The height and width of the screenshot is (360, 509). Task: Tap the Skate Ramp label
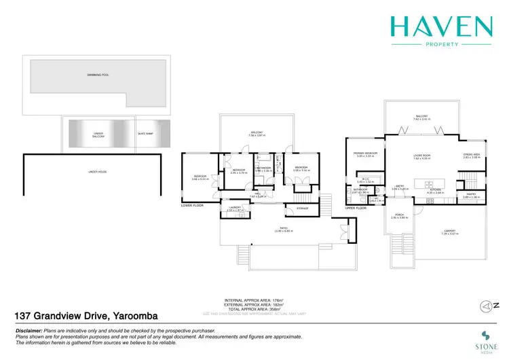click(145, 134)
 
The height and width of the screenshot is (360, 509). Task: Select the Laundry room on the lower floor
click(235, 209)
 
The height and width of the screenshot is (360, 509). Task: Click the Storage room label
click(302, 208)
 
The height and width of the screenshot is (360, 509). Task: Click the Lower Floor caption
click(192, 204)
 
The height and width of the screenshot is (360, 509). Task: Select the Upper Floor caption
click(356, 208)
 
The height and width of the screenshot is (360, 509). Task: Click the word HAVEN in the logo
click(440, 26)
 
